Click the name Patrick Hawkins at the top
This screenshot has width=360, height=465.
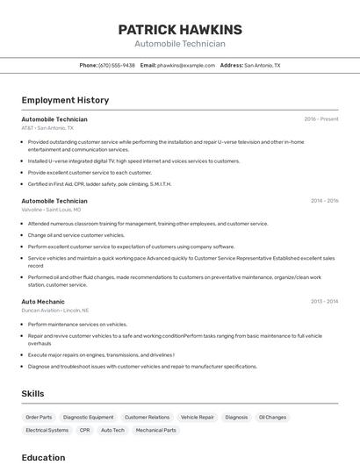click(x=180, y=30)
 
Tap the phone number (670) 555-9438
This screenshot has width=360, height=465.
click(x=117, y=65)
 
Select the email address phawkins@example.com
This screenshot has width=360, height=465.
click(x=186, y=65)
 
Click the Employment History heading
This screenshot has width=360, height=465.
click(x=65, y=100)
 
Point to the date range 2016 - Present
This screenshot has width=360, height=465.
click(x=321, y=118)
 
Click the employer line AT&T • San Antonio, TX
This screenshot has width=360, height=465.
click(x=47, y=128)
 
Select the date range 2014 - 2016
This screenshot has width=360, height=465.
click(x=324, y=200)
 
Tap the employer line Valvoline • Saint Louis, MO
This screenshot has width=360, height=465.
click(x=51, y=210)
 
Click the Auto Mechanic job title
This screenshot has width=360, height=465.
click(x=43, y=301)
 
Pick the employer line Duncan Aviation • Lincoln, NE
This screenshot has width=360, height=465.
click(x=55, y=311)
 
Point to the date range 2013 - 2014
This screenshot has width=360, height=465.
click(x=324, y=301)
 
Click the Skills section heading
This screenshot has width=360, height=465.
click(x=32, y=394)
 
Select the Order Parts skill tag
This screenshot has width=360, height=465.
click(x=39, y=418)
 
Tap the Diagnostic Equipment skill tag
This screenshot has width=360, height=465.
click(x=88, y=418)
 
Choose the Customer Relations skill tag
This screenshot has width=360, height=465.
click(x=147, y=418)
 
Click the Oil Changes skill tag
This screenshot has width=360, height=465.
click(x=272, y=418)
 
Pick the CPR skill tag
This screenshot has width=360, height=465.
click(x=84, y=431)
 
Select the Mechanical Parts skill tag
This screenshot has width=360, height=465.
click(x=155, y=431)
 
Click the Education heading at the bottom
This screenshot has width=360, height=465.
click(x=43, y=457)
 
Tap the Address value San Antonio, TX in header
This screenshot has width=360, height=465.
click(x=262, y=65)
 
